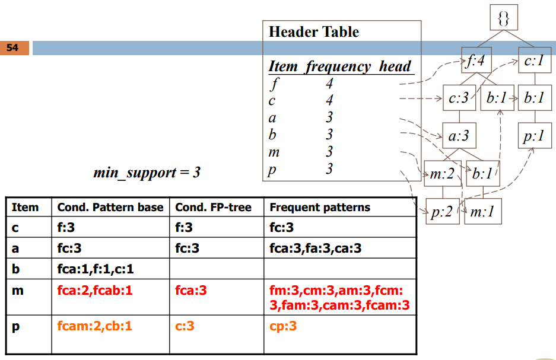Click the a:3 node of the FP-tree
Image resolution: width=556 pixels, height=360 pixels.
[458, 136]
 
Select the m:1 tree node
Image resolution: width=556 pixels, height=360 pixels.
[482, 212]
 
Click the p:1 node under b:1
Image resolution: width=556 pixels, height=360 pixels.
[532, 136]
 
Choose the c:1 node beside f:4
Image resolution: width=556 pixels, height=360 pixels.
[532, 61]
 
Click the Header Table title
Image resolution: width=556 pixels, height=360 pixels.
[314, 32]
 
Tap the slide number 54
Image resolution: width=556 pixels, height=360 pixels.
[14, 48]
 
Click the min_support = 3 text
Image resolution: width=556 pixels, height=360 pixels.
[147, 173]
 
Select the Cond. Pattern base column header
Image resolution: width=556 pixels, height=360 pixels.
[110, 208]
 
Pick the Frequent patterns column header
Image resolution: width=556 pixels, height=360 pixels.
[320, 208]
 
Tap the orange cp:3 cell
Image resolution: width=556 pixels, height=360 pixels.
[283, 326]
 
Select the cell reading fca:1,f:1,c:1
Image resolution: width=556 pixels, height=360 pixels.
[96, 269]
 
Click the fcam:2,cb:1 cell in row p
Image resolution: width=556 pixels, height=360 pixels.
[95, 326]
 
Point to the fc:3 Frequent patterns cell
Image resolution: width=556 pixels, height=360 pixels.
[282, 228]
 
